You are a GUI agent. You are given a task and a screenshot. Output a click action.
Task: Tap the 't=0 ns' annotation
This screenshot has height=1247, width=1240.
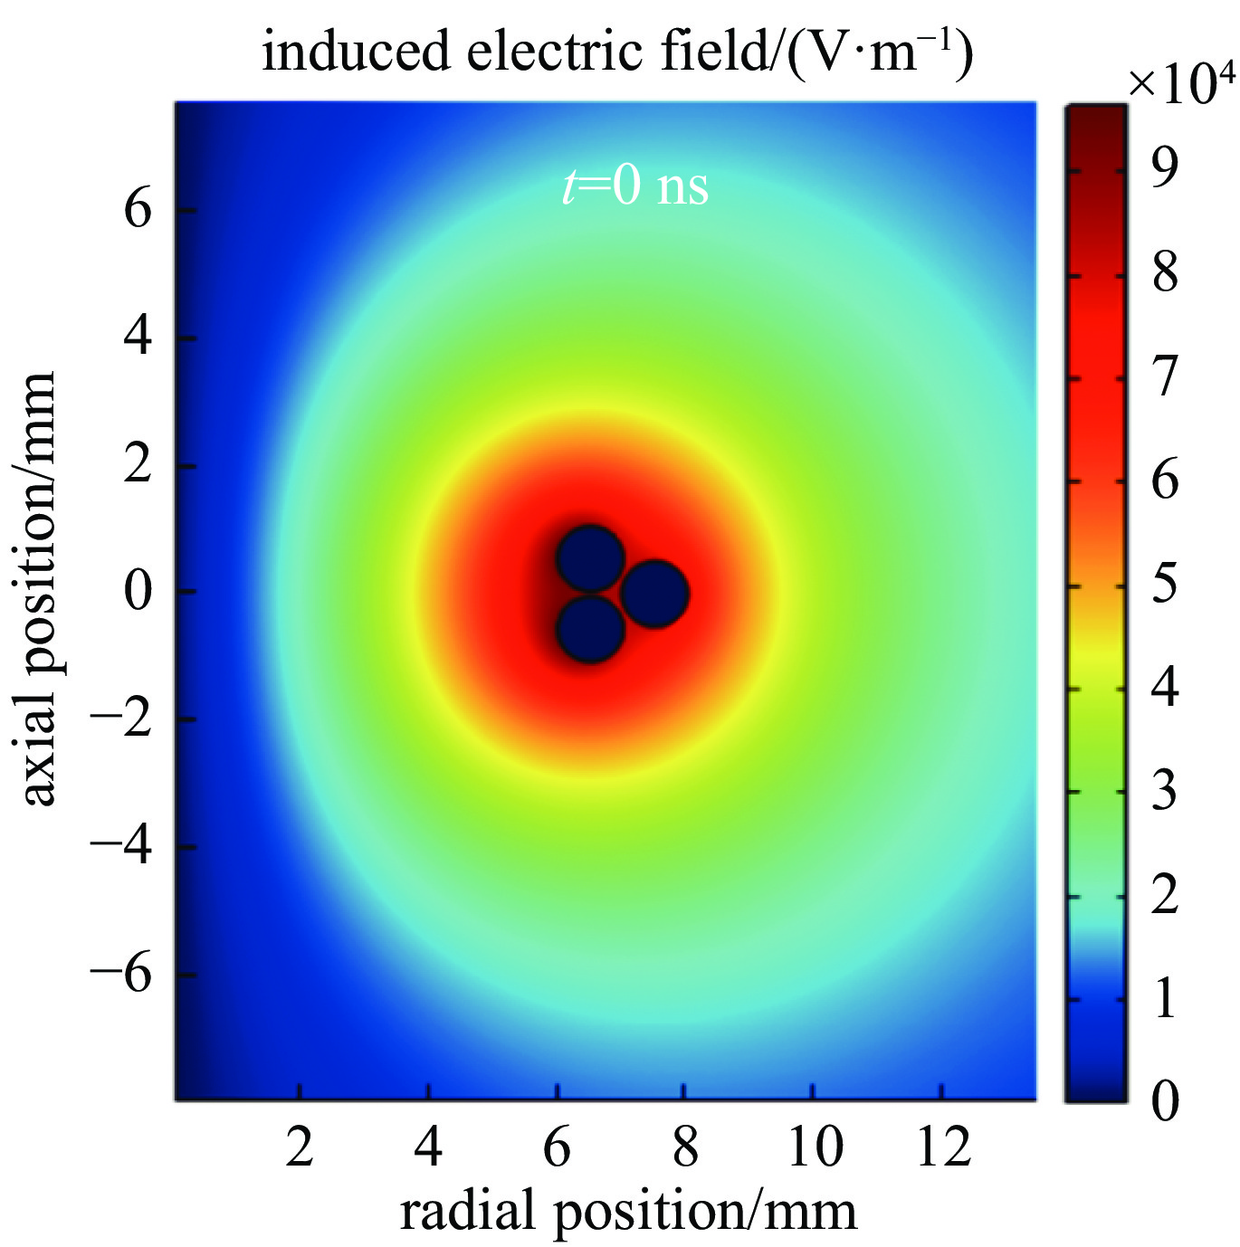pyautogui.click(x=635, y=187)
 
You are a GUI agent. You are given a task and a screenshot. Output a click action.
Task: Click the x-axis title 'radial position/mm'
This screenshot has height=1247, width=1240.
pyautogui.click(x=628, y=1211)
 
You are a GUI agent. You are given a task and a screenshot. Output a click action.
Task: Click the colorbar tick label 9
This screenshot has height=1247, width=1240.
pyautogui.click(x=1165, y=167)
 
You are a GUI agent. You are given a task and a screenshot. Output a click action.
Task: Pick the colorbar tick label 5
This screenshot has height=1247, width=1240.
pyautogui.click(x=1165, y=584)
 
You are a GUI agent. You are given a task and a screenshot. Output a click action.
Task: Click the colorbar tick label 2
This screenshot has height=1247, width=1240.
pyautogui.click(x=1165, y=895)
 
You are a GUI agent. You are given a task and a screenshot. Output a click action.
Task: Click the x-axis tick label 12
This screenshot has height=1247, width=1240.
pyautogui.click(x=943, y=1147)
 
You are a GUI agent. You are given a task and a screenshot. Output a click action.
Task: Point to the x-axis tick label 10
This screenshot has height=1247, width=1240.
pyautogui.click(x=815, y=1147)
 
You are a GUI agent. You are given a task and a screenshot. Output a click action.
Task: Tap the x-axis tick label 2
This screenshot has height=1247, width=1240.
pyautogui.click(x=300, y=1147)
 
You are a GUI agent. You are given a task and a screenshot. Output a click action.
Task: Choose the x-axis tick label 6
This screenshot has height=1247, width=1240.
pyautogui.click(x=557, y=1147)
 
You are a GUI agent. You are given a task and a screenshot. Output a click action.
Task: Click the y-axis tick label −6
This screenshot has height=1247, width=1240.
pyautogui.click(x=120, y=976)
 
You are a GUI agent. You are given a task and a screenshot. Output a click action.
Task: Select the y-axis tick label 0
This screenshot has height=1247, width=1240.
pyautogui.click(x=138, y=592)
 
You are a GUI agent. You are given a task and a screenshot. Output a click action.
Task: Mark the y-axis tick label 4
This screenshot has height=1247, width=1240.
pyautogui.click(x=138, y=338)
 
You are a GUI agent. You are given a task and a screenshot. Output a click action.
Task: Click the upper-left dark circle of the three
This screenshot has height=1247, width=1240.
pyautogui.click(x=590, y=558)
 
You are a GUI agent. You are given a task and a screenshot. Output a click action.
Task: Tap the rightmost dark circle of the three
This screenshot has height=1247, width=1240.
pyautogui.click(x=655, y=594)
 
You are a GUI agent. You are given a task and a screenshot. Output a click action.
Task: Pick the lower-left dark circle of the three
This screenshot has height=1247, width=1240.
pyautogui.click(x=590, y=629)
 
